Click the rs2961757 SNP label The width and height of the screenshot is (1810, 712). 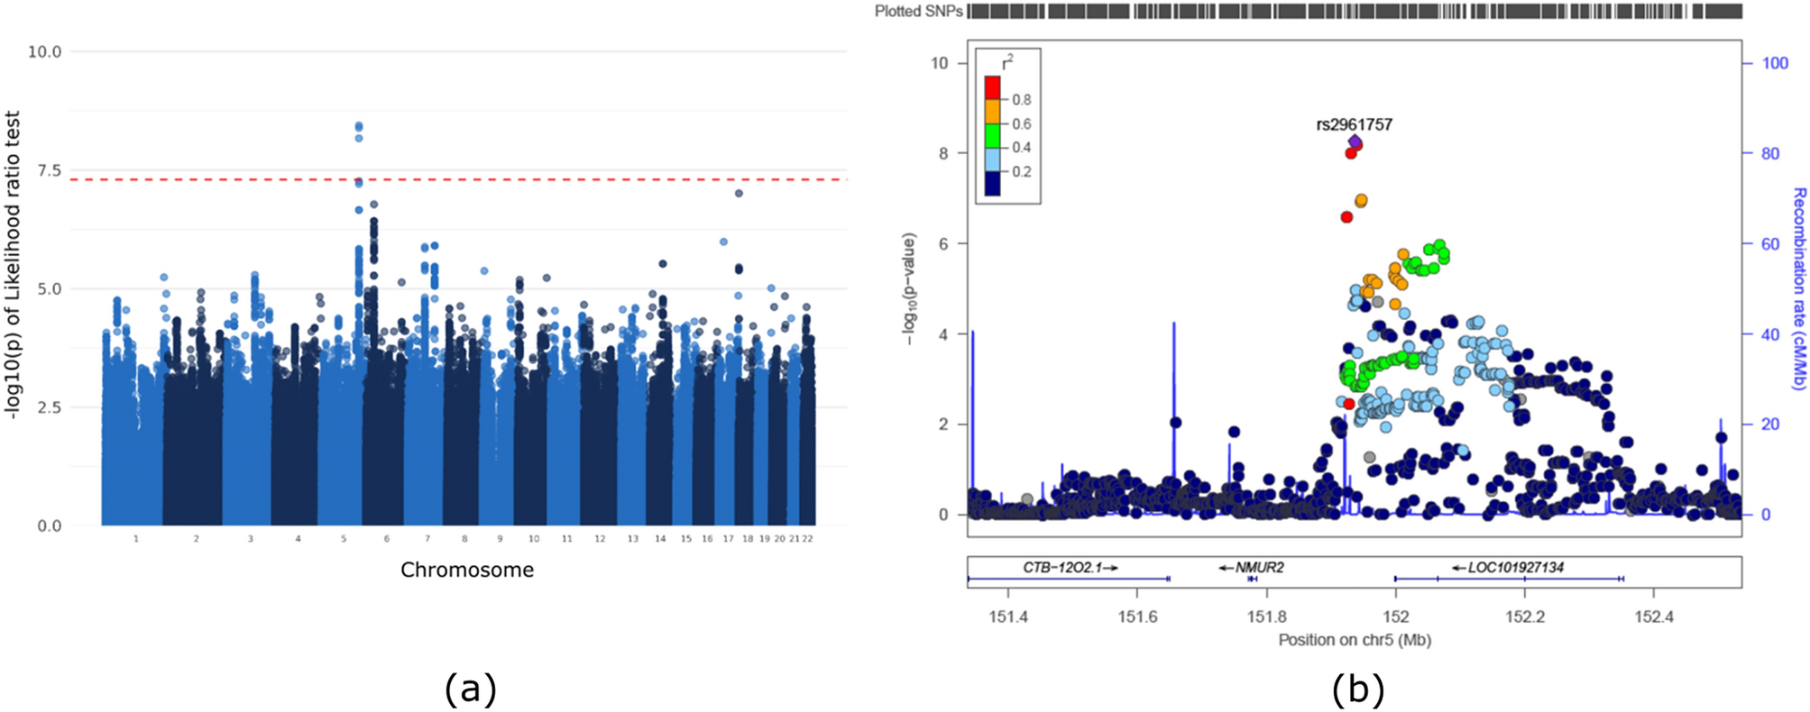click(1354, 124)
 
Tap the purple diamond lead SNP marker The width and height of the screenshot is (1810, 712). click(1355, 141)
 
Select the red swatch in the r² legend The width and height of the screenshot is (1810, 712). click(992, 87)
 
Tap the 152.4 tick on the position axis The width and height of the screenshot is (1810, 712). click(1654, 617)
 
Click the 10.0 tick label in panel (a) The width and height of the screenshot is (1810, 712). click(44, 51)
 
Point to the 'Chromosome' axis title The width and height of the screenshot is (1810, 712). click(467, 570)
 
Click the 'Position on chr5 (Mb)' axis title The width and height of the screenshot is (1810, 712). click(1354, 640)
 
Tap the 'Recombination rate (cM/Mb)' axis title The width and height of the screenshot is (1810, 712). click(1798, 288)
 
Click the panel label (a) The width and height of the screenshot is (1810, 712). click(470, 689)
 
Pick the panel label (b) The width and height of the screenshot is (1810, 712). click(1357, 689)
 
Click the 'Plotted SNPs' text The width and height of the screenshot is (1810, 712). click(918, 12)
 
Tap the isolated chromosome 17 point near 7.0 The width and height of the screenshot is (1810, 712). click(739, 193)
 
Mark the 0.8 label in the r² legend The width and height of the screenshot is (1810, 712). click(1021, 100)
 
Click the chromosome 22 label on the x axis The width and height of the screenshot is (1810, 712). click(808, 539)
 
